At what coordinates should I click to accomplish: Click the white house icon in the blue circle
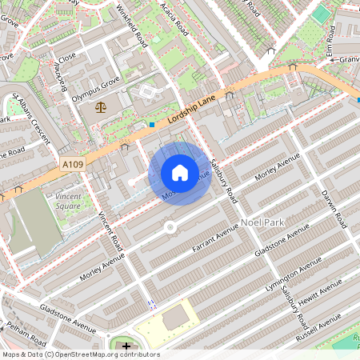point(180,173)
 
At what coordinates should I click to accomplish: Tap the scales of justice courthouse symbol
point(100,106)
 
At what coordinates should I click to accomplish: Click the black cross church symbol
point(126,346)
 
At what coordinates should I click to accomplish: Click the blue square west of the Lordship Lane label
point(152,125)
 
